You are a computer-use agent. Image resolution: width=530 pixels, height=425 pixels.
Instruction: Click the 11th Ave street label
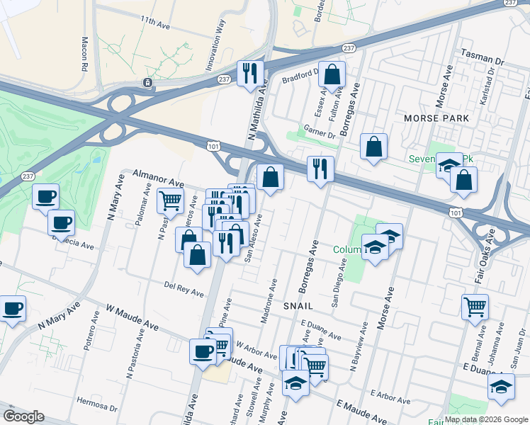click(157, 22)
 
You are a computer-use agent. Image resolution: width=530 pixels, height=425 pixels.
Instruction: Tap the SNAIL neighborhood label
click(298, 306)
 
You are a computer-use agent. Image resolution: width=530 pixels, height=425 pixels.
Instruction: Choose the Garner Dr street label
click(320, 131)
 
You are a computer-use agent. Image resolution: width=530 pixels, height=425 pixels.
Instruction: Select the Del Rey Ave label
click(184, 288)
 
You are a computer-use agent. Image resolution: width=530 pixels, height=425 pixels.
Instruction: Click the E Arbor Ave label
click(390, 397)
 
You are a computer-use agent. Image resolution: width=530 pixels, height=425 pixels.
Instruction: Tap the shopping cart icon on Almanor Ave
click(170, 200)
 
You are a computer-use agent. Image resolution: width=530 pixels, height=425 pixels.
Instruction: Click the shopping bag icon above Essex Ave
click(332, 73)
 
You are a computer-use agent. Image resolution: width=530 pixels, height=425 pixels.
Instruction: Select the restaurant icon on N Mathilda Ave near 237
click(249, 73)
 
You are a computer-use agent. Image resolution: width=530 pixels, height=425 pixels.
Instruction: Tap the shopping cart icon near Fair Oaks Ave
click(475, 306)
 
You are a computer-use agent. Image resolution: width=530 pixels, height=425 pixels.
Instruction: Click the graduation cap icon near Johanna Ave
click(500, 387)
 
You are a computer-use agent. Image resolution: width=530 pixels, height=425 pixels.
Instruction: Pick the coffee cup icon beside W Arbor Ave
click(202, 351)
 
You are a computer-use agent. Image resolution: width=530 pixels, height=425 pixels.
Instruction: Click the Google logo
click(23, 416)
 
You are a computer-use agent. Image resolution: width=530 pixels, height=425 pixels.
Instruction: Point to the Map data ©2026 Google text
click(486, 419)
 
